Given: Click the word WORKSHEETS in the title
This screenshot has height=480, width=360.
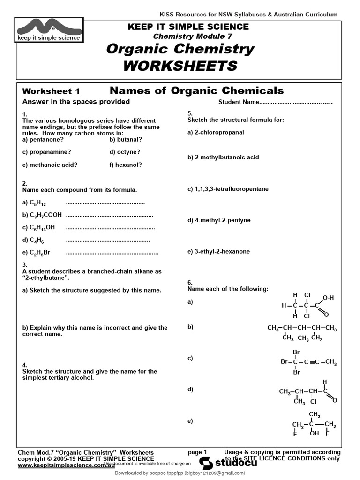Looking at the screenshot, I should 180,66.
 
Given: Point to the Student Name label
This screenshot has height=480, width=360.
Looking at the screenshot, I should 239,102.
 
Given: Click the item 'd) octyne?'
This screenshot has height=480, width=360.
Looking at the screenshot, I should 125,152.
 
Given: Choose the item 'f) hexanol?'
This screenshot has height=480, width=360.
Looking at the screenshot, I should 126,165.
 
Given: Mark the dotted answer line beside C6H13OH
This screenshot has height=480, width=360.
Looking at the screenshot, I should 110,227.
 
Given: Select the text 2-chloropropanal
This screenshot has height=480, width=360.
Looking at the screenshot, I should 219,132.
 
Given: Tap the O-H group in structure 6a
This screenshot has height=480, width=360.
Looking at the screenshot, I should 328,298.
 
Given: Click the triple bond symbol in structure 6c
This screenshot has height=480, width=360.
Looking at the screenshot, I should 317,361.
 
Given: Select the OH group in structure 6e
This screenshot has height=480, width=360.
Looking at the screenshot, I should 314,433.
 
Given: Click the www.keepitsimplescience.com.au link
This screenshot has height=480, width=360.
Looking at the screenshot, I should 66,466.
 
